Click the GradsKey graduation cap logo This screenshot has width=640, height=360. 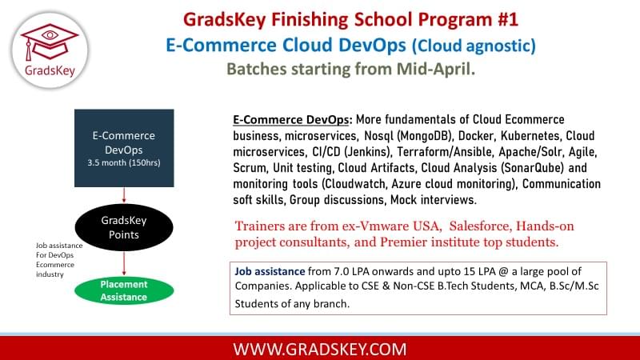click(50, 50)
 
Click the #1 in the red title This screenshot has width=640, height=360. click(508, 19)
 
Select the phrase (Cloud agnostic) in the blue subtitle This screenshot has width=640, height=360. click(474, 46)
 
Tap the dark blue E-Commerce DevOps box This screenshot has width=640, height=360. click(124, 148)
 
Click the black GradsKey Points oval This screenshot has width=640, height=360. click(124, 227)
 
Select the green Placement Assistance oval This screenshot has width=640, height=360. click(124, 290)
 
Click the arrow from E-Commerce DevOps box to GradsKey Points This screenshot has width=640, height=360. click(124, 195)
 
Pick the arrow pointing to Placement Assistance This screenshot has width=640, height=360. click(124, 264)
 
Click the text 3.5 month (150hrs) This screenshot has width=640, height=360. click(124, 162)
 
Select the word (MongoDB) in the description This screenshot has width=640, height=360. click(424, 135)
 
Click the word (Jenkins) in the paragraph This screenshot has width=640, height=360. click(367, 152)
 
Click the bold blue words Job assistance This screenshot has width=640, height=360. click(270, 271)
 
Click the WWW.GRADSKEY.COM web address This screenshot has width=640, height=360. click(320, 350)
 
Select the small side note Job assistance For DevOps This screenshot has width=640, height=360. click(58, 250)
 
